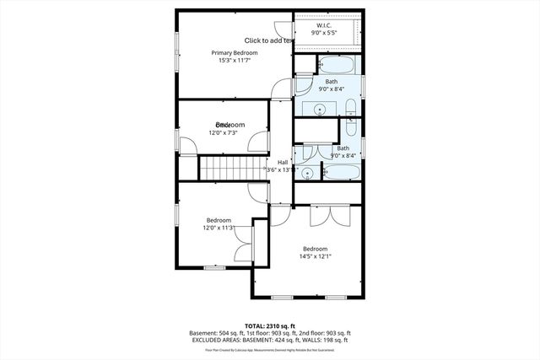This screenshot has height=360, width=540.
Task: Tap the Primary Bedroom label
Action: point(234,52)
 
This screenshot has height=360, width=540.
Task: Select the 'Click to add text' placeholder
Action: point(268,40)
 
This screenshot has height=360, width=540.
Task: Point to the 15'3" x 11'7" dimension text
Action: point(234,61)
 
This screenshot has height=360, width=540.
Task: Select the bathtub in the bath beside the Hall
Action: point(343,173)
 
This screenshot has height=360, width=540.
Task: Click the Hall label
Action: point(283,163)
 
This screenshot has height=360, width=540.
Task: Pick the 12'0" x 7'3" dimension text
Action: point(224,132)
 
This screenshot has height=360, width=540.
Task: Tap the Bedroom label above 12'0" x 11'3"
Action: point(219,220)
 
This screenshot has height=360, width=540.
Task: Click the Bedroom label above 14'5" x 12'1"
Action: point(315,248)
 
